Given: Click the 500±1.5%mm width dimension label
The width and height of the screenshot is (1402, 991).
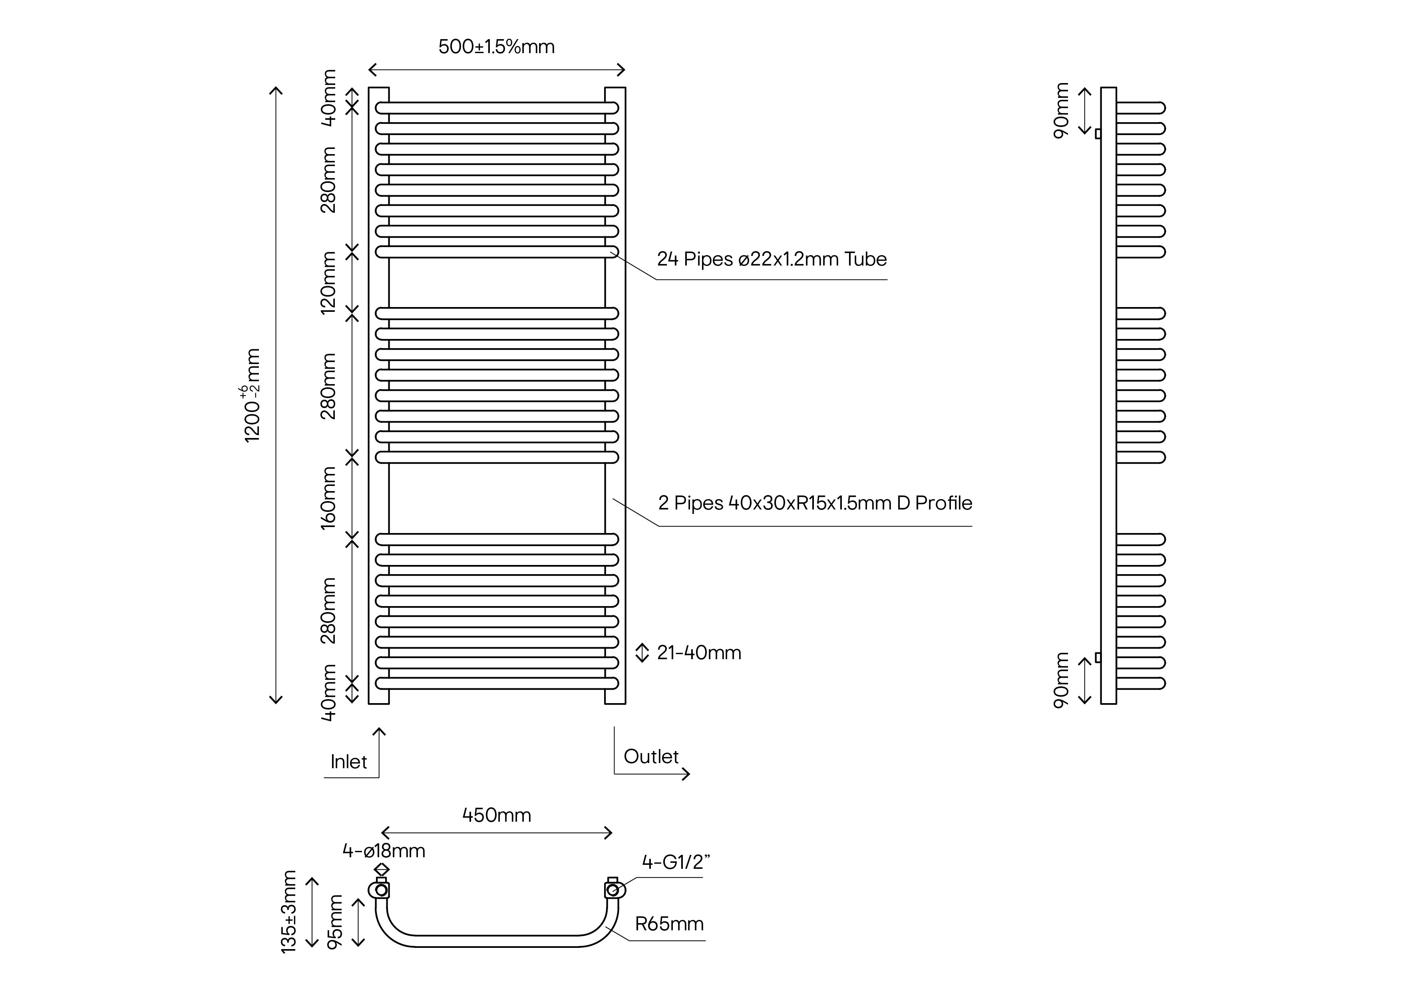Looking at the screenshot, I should [x=497, y=47].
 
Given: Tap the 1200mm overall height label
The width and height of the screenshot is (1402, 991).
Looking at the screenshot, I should [x=252, y=395].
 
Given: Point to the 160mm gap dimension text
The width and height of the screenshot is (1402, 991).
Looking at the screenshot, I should [x=328, y=497].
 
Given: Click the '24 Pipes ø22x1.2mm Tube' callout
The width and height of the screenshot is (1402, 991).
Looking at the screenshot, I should [x=771, y=260].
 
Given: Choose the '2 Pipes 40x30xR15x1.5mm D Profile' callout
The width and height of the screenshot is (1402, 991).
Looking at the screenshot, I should [x=815, y=503].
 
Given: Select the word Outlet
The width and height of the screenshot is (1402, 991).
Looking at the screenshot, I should [x=651, y=757].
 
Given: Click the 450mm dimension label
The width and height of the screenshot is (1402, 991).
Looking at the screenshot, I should [x=497, y=815].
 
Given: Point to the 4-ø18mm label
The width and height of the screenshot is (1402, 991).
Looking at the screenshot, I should [x=384, y=850].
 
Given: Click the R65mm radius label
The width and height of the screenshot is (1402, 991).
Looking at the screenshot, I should [x=669, y=924].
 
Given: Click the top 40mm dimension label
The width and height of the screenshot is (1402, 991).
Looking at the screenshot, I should [x=328, y=98].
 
